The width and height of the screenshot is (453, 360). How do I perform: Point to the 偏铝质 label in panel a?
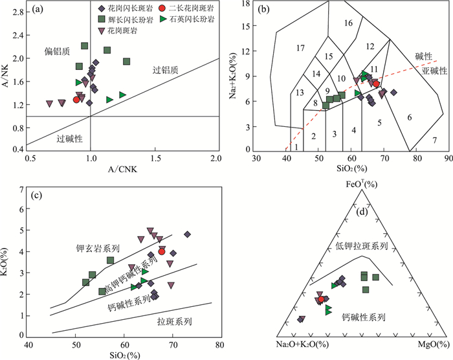(x=56, y=51)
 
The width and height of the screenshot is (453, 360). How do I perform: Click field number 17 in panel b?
(x=300, y=49)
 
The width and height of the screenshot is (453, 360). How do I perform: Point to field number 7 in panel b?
(x=434, y=141)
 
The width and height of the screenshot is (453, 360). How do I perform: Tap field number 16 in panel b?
(x=348, y=23)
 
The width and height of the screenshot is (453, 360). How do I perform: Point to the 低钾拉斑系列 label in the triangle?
(x=361, y=247)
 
